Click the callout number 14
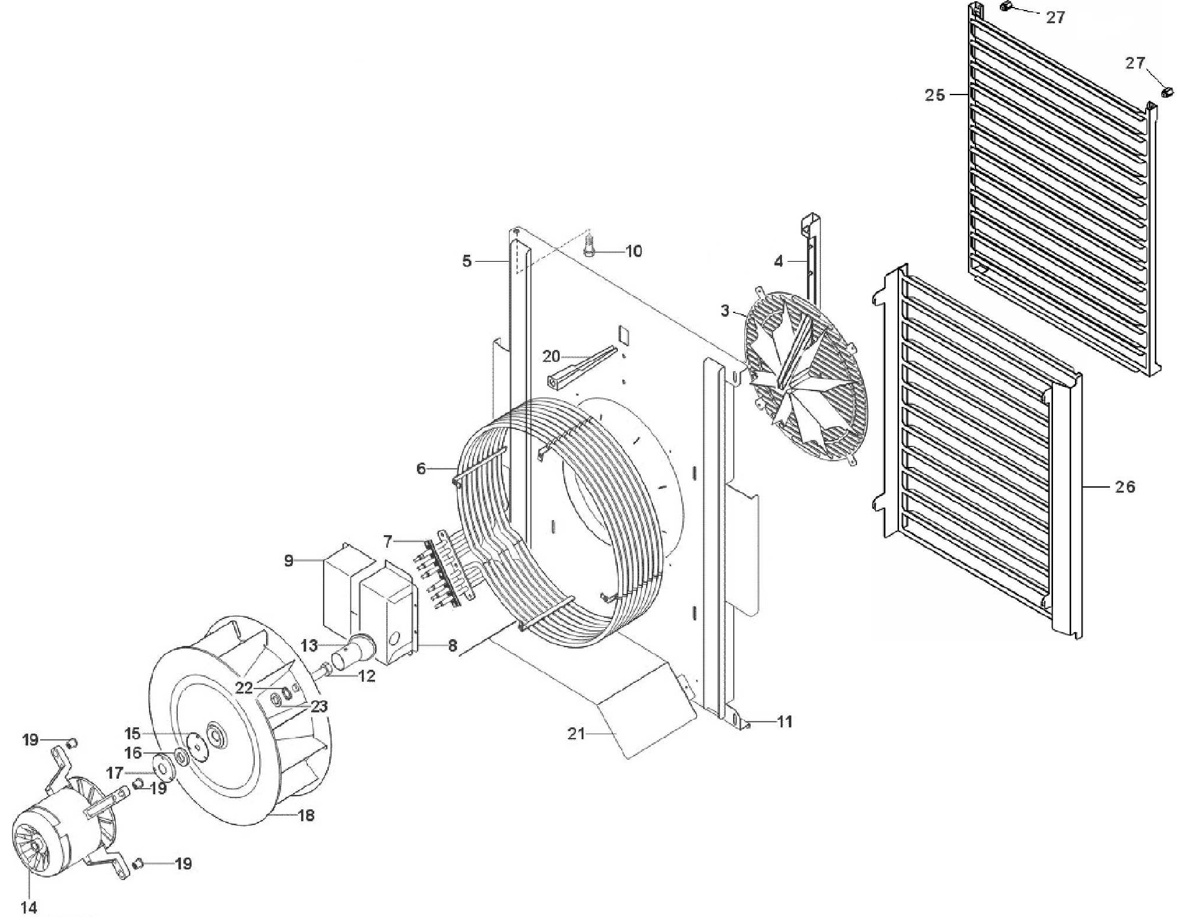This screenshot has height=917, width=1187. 29,907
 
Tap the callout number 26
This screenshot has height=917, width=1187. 1125,486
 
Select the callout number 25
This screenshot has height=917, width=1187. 935,95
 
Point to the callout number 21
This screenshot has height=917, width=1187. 575,734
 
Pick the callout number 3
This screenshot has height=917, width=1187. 725,310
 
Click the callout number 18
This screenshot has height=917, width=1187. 306,815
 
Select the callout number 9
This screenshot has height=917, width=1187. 289,560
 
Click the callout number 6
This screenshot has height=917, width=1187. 421,468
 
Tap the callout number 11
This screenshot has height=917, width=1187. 785,722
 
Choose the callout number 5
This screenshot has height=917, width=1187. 466,261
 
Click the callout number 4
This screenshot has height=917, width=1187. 778,261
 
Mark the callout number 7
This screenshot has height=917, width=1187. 388,541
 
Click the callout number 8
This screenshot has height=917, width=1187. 453,645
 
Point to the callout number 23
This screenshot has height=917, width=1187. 319,707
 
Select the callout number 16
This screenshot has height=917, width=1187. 133,752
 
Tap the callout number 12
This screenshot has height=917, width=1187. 367,675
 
